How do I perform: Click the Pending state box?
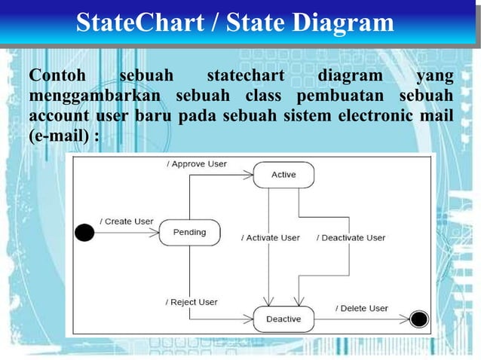[x=189, y=232]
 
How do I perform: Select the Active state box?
[x=283, y=175]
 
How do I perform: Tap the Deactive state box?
[x=283, y=319]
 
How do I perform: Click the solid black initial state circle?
[x=84, y=232]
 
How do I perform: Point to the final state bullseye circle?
[x=419, y=319]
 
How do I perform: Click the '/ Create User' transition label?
[x=127, y=221]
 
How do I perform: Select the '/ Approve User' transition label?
[x=197, y=163]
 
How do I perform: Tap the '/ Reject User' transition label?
[x=191, y=302]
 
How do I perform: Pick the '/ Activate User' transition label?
[x=271, y=237]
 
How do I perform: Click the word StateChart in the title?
[x=139, y=23]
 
